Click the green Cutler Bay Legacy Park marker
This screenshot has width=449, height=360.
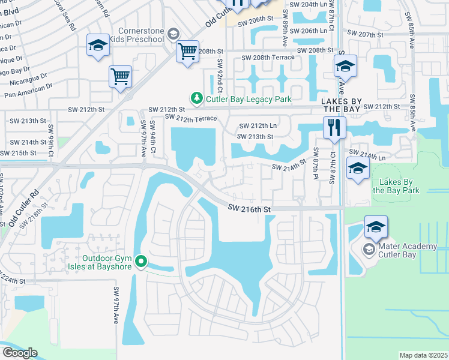(196, 98)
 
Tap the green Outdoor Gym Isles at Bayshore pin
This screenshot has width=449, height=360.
(141, 261)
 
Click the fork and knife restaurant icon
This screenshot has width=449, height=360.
(333, 128)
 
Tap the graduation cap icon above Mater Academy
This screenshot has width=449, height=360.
(376, 227)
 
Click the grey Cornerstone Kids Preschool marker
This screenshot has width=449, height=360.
(173, 34)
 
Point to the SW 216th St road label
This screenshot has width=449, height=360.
(250, 208)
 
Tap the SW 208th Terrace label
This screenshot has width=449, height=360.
(268, 58)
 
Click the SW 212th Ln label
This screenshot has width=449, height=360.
(258, 126)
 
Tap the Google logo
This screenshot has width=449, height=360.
(19, 353)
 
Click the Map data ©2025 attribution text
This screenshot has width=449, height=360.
(423, 355)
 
